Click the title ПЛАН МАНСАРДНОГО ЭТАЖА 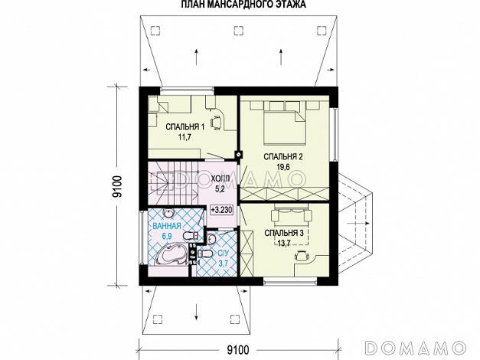coord(243,5)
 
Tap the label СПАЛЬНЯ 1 coord(185,126)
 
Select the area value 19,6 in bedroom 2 coord(283,167)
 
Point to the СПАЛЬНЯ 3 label coord(284,233)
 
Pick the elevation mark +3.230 coord(221,210)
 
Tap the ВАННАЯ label coord(167,226)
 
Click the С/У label coord(224,253)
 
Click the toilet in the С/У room coord(204,254)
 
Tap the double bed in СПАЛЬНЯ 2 coord(285,126)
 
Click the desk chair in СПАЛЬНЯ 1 coord(217,121)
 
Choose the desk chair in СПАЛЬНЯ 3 coord(301,256)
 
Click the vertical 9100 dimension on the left coord(117,186)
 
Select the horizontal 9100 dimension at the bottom coord(238,349)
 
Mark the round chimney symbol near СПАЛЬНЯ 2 coord(239,155)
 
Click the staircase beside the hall coord(173,183)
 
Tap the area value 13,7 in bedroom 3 coord(284,244)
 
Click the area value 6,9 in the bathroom coord(166,236)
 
